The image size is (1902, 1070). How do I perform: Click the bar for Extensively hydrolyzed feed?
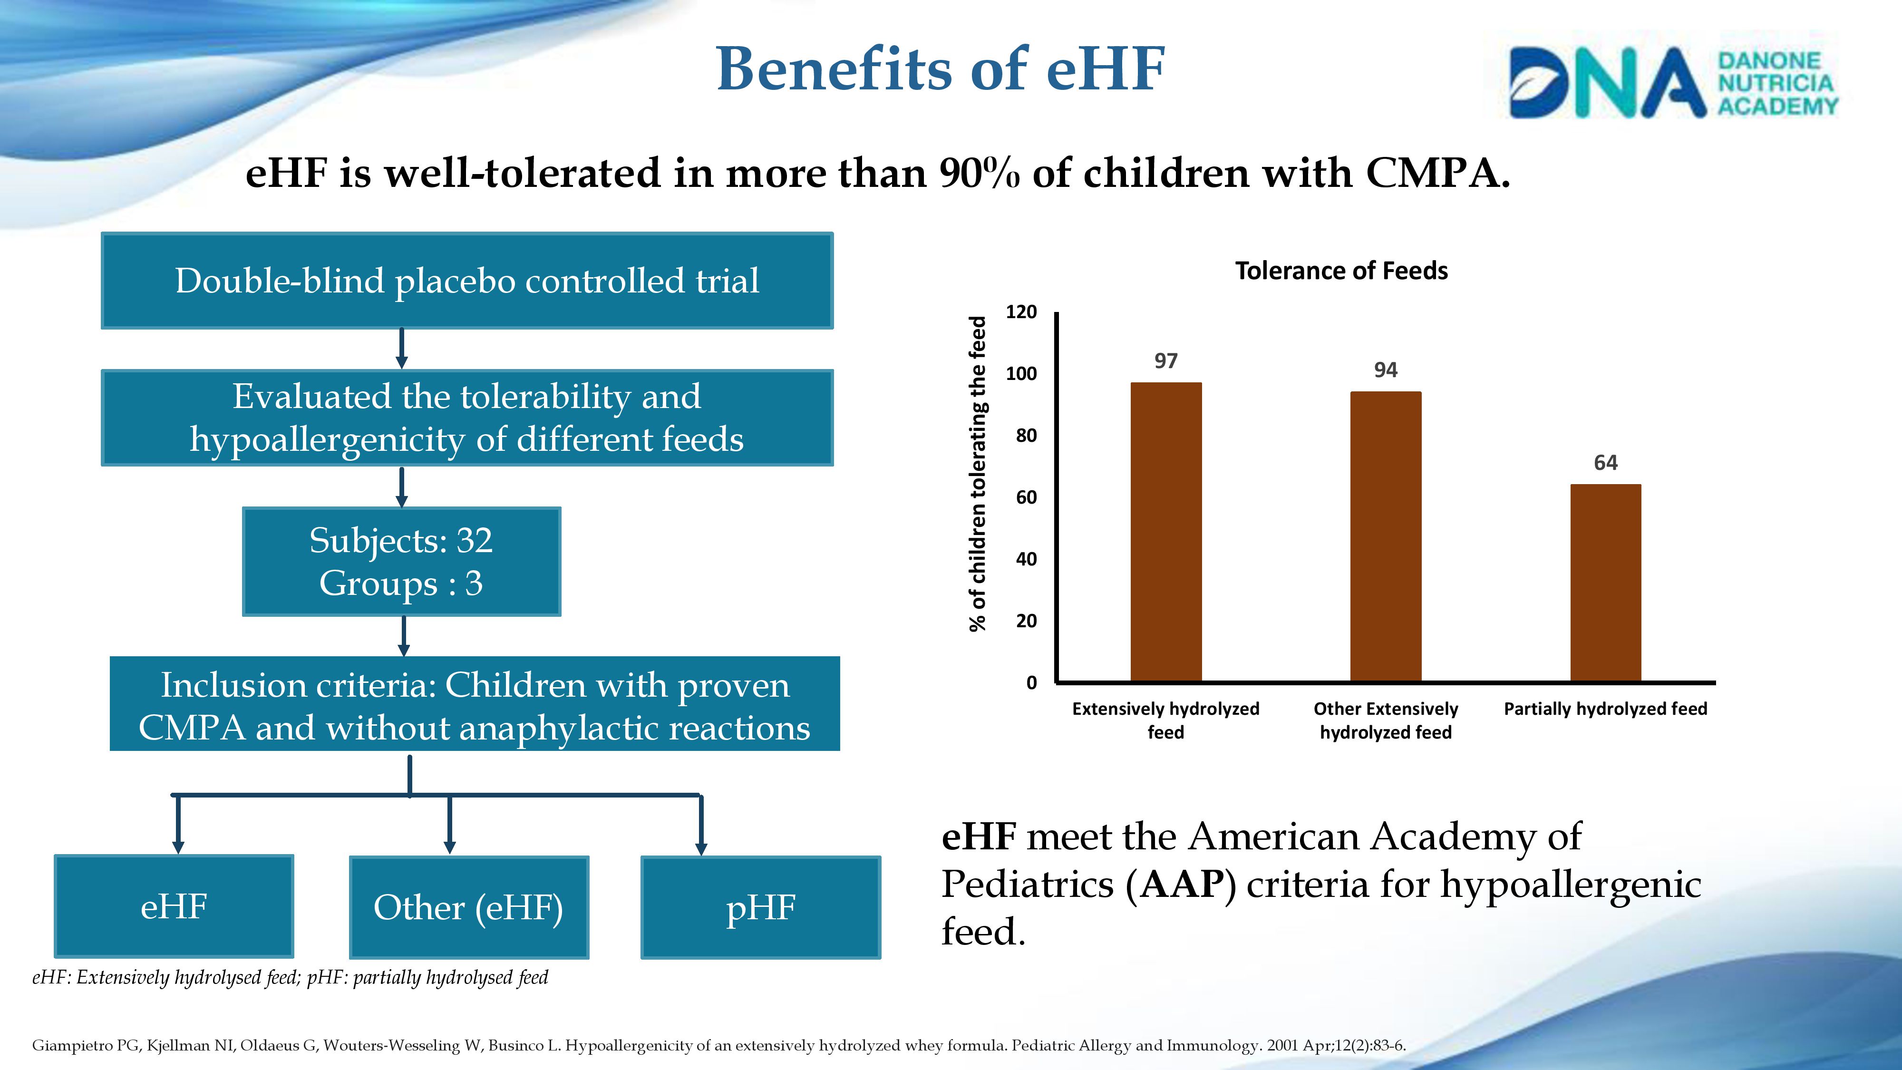tap(1166, 532)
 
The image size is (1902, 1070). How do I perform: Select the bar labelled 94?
tap(1385, 536)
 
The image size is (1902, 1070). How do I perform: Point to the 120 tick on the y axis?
tap(1021, 311)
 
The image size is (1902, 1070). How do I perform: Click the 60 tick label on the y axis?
tap(1026, 497)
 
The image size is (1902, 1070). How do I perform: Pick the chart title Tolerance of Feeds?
tap(1341, 271)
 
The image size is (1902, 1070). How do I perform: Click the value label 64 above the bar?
tap(1605, 463)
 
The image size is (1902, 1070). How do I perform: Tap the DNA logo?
tap(1672, 82)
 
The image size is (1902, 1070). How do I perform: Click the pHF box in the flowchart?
tap(760, 907)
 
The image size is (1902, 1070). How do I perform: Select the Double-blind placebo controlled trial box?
tap(466, 281)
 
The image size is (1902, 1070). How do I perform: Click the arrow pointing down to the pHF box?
tap(701, 826)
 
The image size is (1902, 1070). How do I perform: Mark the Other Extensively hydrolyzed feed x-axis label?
tap(1385, 720)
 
